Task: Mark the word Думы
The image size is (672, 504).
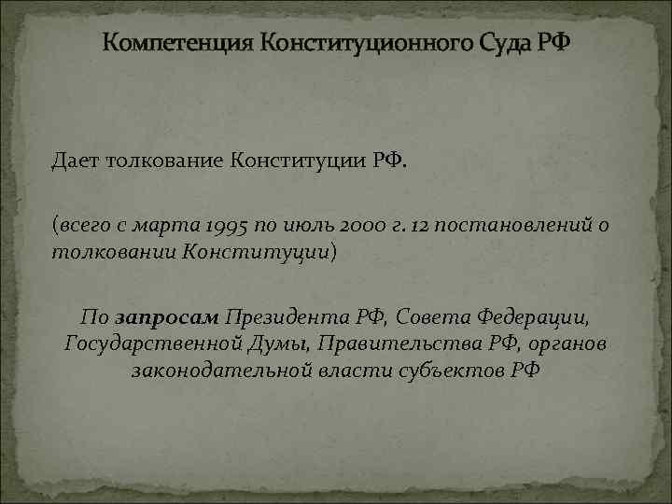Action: coord(282,343)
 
